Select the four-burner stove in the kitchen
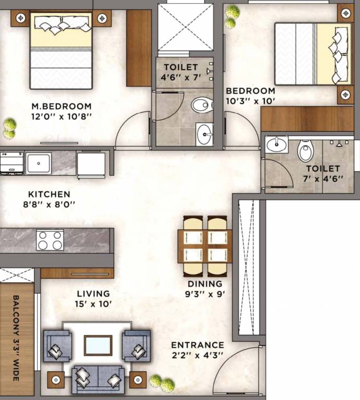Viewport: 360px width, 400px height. pyautogui.click(x=50, y=240)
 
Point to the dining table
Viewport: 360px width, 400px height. pyautogui.click(x=205, y=245)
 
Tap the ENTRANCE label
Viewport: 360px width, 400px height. pyautogui.click(x=197, y=345)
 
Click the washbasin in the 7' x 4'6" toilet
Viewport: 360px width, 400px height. pyautogui.click(x=276, y=144)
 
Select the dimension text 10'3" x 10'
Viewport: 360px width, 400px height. pyautogui.click(x=250, y=101)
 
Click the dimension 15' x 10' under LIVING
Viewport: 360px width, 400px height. pyautogui.click(x=94, y=304)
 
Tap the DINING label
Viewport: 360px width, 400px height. pyautogui.click(x=205, y=284)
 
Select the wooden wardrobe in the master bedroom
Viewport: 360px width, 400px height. pyautogui.click(x=138, y=48)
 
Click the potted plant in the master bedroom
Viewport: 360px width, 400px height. pyautogui.click(x=9, y=128)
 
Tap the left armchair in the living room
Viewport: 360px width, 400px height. pyautogui.click(x=57, y=345)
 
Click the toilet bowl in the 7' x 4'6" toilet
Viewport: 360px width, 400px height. pyautogui.click(x=305, y=152)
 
